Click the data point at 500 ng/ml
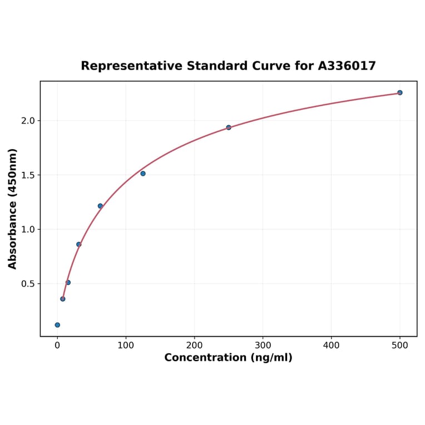pos(399,92)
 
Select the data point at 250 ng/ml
pos(229,127)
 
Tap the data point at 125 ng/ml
pos(143,174)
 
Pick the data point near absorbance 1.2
pos(100,206)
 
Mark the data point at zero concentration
pos(57,325)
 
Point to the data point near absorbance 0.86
pos(78,244)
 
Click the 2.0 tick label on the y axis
pos(27,121)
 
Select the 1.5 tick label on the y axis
pos(27,175)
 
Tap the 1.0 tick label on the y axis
pos(27,229)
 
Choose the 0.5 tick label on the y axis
pos(27,284)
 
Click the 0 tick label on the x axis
pos(57,345)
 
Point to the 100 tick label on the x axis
pos(126,345)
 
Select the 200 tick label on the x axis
pos(194,345)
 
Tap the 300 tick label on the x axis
pos(263,345)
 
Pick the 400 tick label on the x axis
pos(331,345)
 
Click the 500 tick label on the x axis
pos(399,345)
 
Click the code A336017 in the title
pos(347,66)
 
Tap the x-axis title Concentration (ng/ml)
pos(228,358)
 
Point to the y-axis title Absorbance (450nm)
pos(13,209)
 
